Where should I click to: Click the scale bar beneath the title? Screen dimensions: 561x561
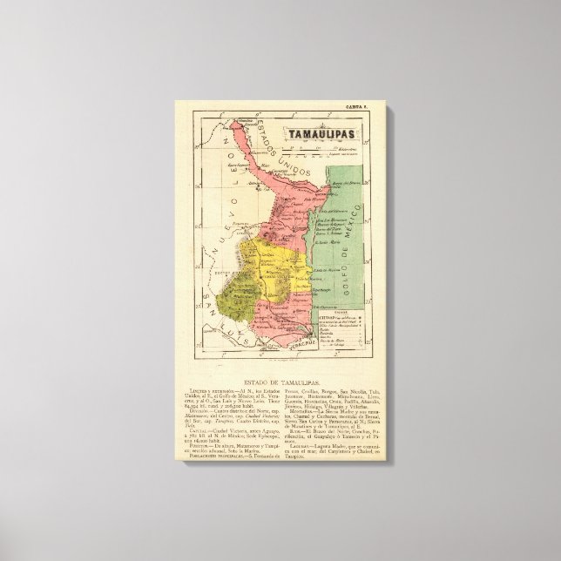pos(314,149)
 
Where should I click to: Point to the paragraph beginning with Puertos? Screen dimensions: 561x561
pos(237,441)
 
